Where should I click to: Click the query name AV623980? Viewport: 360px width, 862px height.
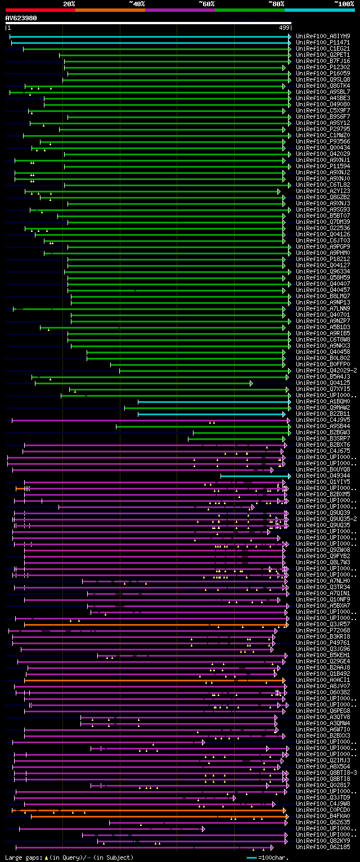pyautogui.click(x=21, y=18)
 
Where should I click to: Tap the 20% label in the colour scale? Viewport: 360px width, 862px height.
pyautogui.click(x=69, y=3)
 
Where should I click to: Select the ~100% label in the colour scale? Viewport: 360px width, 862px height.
pyautogui.click(x=343, y=3)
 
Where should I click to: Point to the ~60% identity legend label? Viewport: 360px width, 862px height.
pyautogui.click(x=206, y=3)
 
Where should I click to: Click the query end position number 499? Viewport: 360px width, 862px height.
pyautogui.click(x=284, y=27)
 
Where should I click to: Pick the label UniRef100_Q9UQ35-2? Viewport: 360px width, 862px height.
pyautogui.click(x=326, y=519)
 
